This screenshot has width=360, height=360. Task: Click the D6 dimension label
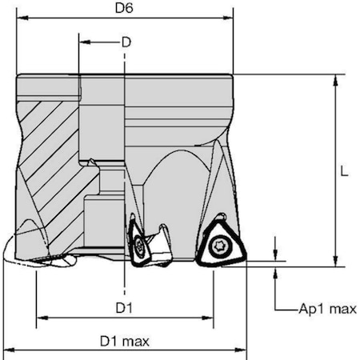(123, 9)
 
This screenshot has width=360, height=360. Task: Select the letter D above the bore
(125, 42)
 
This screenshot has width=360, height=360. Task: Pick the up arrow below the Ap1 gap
(275, 271)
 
